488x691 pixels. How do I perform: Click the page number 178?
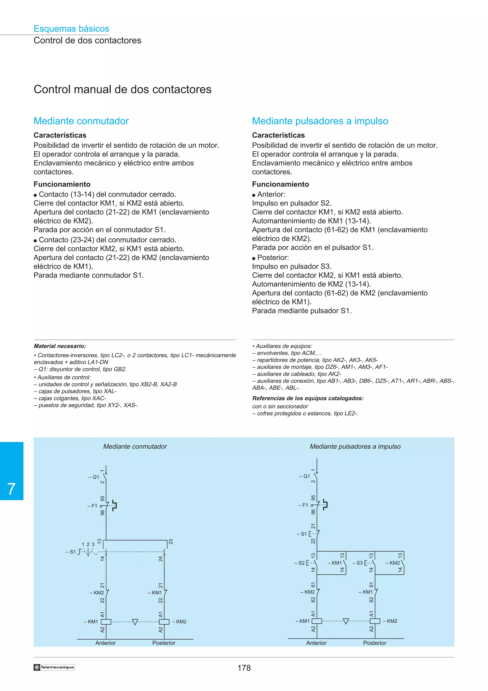click(x=244, y=668)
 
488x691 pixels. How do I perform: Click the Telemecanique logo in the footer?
click(x=54, y=667)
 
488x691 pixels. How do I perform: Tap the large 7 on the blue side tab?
click(x=11, y=489)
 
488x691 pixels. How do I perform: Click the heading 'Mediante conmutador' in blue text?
click(x=81, y=121)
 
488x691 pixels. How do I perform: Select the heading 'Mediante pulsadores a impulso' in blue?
click(x=320, y=121)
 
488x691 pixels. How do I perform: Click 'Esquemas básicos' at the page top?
click(x=71, y=29)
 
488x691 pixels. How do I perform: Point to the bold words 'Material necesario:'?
click(x=60, y=346)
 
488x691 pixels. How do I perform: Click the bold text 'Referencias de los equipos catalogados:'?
click(x=308, y=398)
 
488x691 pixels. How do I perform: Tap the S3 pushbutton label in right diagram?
click(x=359, y=563)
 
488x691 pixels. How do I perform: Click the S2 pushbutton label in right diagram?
click(x=301, y=563)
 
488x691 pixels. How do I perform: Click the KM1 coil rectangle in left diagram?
click(x=106, y=622)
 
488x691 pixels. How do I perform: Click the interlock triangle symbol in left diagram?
click(x=135, y=622)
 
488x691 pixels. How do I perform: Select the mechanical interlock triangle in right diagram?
click(x=346, y=621)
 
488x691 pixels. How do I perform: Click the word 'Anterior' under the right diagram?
click(x=316, y=643)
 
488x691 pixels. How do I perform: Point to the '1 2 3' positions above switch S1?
click(x=88, y=544)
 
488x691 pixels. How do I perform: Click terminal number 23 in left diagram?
click(x=170, y=542)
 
